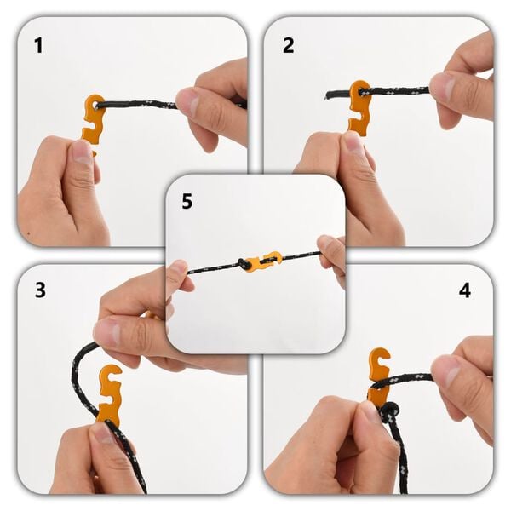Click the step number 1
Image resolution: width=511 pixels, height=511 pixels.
coord(37,45)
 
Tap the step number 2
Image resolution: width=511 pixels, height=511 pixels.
coord(288,45)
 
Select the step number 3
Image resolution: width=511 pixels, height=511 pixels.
coord(39,290)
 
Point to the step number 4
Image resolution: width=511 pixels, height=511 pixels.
coord(464,290)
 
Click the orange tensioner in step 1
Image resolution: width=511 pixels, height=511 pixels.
coord(93,119)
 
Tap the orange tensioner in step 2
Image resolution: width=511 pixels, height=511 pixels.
coord(359,107)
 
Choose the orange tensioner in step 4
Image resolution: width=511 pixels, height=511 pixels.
coord(378,375)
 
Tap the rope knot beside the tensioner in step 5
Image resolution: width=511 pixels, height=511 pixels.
coord(246,264)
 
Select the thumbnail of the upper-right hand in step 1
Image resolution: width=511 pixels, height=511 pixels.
coord(189,103)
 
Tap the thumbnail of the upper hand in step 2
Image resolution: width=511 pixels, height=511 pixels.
coord(443,87)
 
